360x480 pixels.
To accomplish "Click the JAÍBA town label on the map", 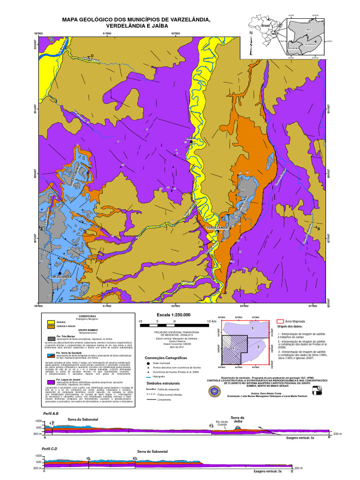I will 190,138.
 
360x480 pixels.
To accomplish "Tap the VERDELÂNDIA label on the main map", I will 217,228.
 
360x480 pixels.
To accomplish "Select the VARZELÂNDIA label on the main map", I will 61,277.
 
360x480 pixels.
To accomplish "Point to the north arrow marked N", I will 251,33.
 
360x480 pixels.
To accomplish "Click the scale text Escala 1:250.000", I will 177,315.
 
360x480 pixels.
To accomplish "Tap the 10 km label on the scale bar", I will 212,321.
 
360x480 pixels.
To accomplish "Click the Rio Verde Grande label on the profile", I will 222,423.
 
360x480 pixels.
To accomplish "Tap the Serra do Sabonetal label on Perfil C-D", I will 152,451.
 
